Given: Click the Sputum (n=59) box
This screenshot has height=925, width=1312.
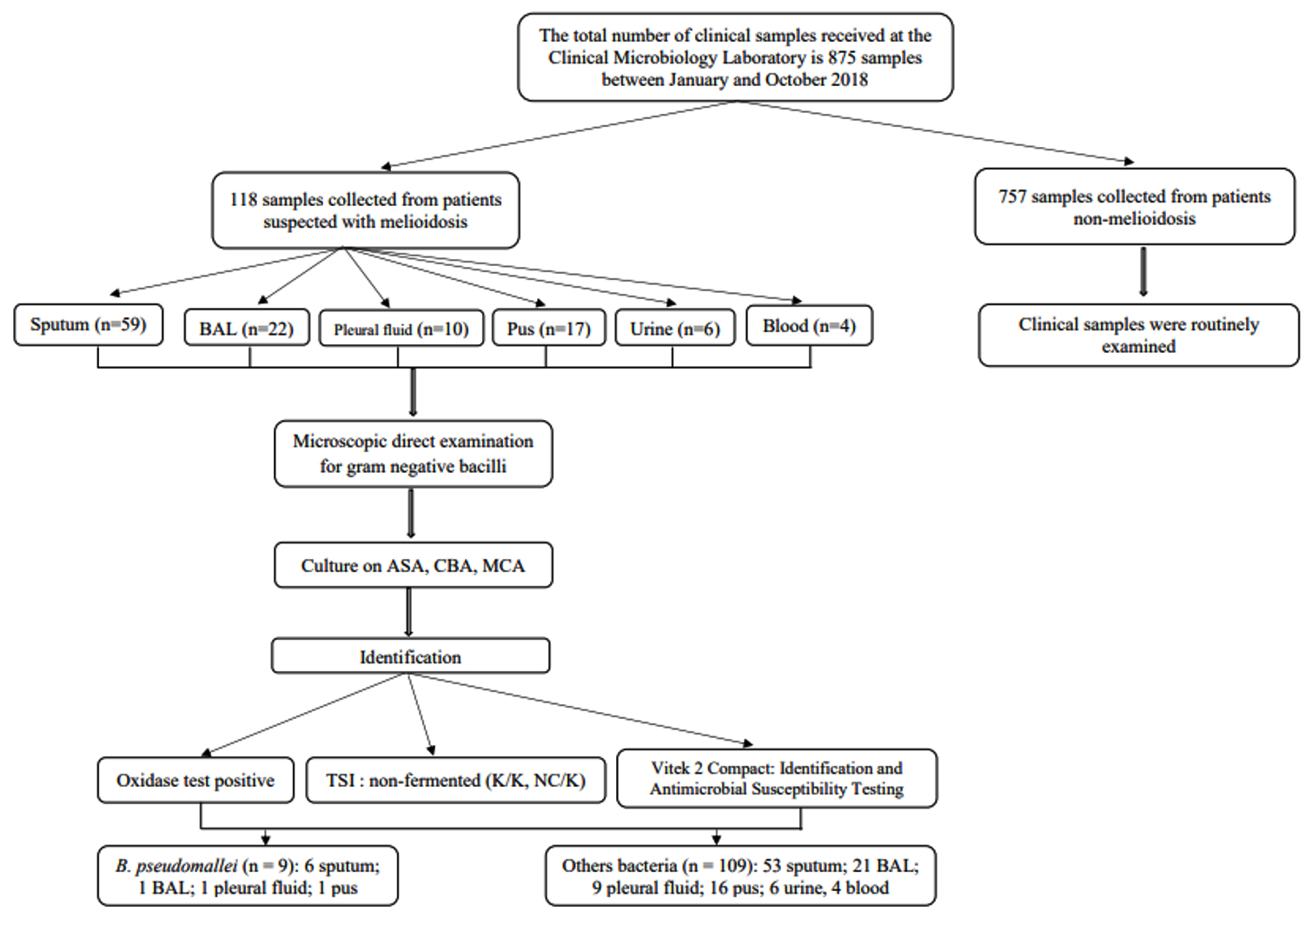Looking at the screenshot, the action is (x=89, y=325).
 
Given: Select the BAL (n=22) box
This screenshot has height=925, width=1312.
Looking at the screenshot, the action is (x=247, y=328).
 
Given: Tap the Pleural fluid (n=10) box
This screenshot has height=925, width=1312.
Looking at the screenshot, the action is (x=401, y=329).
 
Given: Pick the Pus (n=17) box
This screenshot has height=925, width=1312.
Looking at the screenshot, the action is (x=549, y=329).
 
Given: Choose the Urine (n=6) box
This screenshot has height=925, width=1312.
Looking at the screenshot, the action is (x=675, y=329).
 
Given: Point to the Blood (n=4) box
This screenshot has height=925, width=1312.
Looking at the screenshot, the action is (x=810, y=325).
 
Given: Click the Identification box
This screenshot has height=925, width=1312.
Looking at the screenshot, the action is (x=411, y=655).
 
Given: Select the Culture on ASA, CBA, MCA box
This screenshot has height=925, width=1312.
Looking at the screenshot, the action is (x=413, y=565).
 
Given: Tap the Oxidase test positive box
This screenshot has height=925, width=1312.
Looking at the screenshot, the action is (x=195, y=780).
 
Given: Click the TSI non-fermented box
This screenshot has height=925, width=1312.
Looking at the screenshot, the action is (x=455, y=780).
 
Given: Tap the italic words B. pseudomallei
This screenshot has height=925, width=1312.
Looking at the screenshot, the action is (x=176, y=866).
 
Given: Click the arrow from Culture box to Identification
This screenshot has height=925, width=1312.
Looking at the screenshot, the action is (x=409, y=612).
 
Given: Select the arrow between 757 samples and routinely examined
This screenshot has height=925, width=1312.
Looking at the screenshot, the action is (x=1143, y=271).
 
